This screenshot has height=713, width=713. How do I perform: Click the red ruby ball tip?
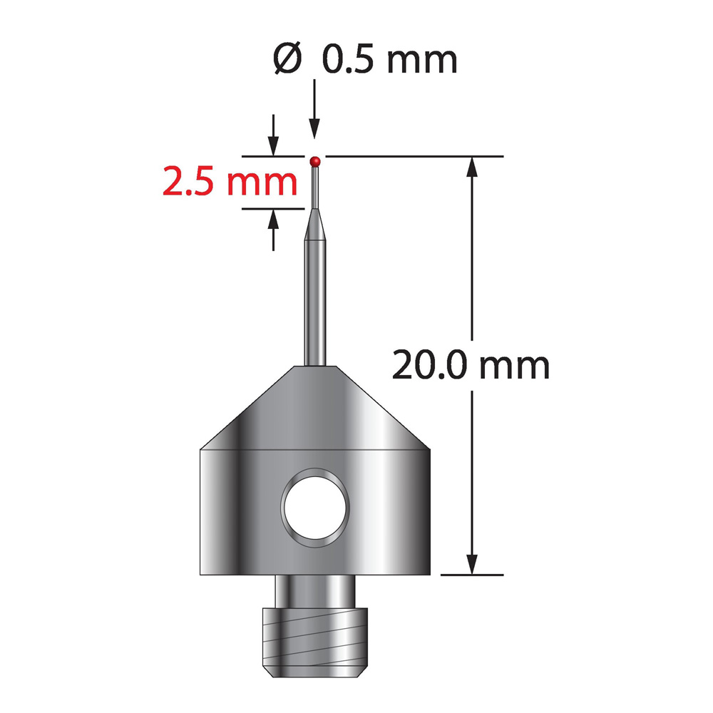315,161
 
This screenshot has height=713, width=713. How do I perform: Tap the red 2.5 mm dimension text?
230,182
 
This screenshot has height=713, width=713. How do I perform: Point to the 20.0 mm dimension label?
471,365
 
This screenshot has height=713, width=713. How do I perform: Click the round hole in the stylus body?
315,508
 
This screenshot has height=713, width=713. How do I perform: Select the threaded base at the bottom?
315,642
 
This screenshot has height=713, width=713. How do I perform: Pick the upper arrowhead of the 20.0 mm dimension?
473,166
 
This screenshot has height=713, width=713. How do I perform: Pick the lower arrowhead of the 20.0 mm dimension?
473,565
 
